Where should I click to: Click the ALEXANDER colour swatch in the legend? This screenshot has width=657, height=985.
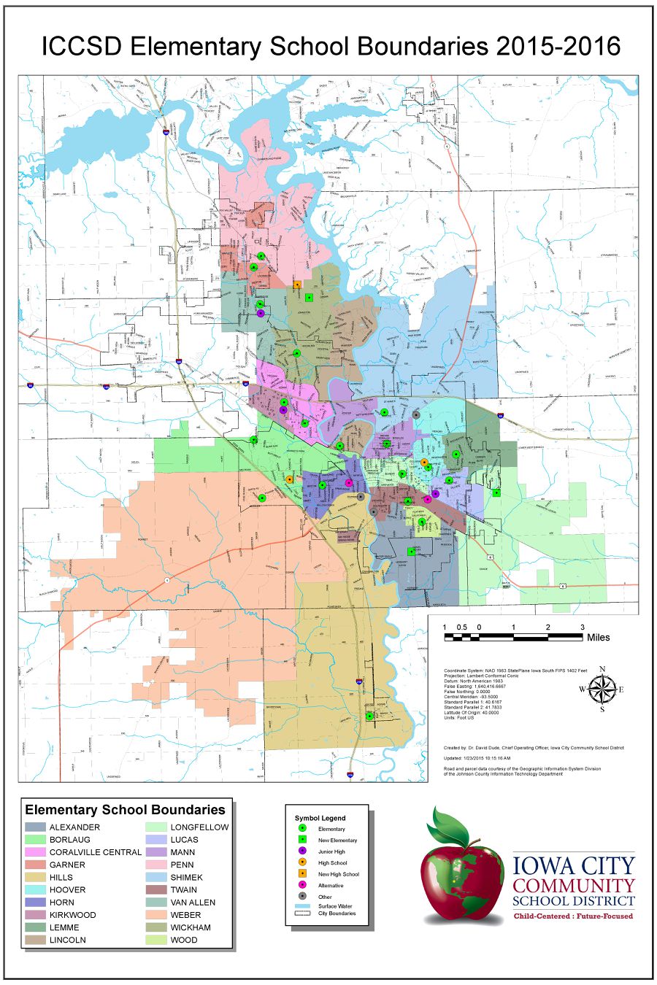pos(35,827)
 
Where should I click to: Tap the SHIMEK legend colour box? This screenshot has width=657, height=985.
pos(156,877)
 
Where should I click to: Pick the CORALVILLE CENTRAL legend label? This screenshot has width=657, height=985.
pos(95,852)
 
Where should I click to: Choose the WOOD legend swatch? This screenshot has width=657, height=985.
pos(156,940)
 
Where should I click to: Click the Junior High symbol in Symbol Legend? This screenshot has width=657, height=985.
pos(302,851)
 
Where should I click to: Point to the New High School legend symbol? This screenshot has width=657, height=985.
pos(302,874)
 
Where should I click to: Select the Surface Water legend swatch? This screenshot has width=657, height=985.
pos(302,906)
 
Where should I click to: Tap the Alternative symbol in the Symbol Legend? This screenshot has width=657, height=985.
pos(302,885)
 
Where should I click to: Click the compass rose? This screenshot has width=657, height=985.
pos(602,689)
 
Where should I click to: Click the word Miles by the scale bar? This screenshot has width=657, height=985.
pos(598,638)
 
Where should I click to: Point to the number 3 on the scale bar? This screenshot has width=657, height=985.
pos(582,627)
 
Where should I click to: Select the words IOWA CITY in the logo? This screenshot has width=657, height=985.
pos(573,866)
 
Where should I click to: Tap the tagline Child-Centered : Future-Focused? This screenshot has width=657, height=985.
pos(573,916)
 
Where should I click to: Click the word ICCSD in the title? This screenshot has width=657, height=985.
pos(82,46)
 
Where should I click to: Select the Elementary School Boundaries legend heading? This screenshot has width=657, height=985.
pos(125,810)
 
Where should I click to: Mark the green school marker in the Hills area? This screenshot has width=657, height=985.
pos(369,716)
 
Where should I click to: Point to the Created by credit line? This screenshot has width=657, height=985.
pos(533,748)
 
